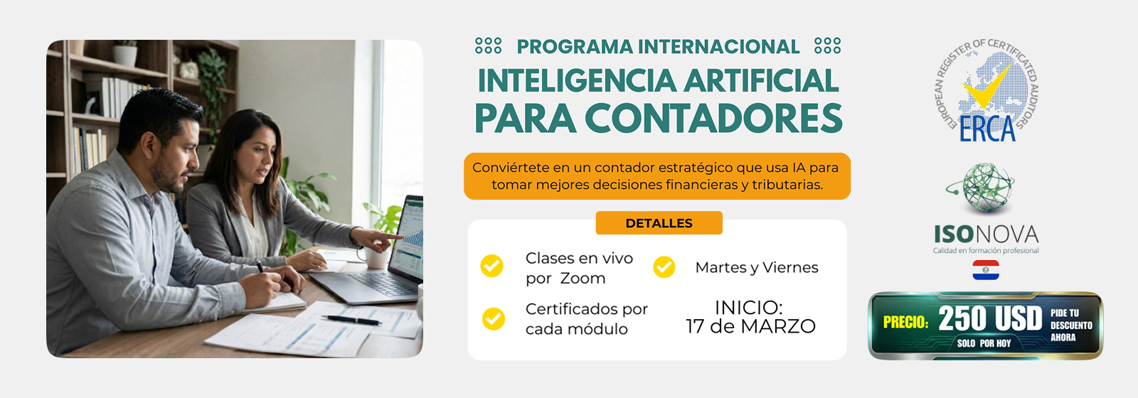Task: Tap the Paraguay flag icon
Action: point(986,270)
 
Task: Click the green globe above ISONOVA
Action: point(982,187)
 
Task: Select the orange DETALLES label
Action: point(659,223)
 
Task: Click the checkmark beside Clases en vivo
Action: point(491,266)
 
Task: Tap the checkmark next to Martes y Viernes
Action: point(664,267)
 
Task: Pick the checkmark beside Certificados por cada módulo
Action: point(494,319)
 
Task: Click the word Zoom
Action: point(583,278)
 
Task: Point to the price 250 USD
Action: point(990,319)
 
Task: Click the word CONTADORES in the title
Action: point(713,119)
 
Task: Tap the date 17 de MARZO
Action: point(750,326)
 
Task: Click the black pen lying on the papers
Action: point(351,320)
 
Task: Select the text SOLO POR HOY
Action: point(984,344)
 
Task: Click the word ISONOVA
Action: point(986,235)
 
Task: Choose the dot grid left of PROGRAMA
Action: point(488,45)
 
